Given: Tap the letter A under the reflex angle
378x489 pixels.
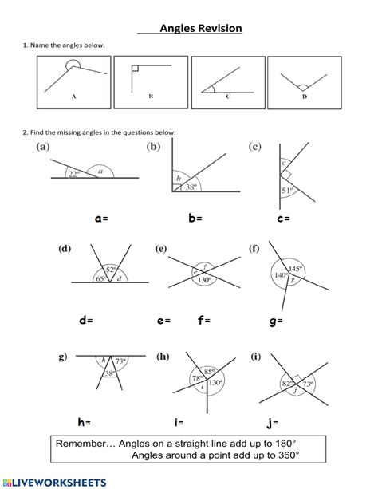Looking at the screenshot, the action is [x=74, y=97].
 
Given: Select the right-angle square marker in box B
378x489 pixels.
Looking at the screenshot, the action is [x=135, y=69].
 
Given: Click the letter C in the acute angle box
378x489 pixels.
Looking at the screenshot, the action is [x=228, y=97].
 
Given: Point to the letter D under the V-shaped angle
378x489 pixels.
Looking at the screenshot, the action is [x=305, y=97].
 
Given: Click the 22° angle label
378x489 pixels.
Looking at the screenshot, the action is [x=74, y=174].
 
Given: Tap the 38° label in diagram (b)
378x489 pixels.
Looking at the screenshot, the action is [x=191, y=187].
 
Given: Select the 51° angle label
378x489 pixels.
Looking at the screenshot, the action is [x=287, y=190].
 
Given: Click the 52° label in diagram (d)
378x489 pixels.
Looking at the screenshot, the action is [x=111, y=270].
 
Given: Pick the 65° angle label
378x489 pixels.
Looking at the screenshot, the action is [x=100, y=278].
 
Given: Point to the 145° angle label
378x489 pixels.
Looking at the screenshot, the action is [x=295, y=269].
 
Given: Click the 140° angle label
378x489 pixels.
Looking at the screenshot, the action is [x=281, y=275].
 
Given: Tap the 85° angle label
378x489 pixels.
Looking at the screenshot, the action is [x=209, y=372].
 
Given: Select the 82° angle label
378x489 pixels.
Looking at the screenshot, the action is [x=287, y=383].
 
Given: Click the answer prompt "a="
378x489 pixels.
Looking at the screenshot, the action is [x=101, y=219].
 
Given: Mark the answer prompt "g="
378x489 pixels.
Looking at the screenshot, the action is [x=276, y=321].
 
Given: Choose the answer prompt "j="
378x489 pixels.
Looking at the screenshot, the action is [x=273, y=423].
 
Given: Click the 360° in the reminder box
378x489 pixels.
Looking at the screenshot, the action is [x=289, y=455].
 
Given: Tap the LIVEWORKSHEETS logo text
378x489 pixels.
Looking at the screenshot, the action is [x=55, y=483].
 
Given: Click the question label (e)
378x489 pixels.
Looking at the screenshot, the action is [x=161, y=249].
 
